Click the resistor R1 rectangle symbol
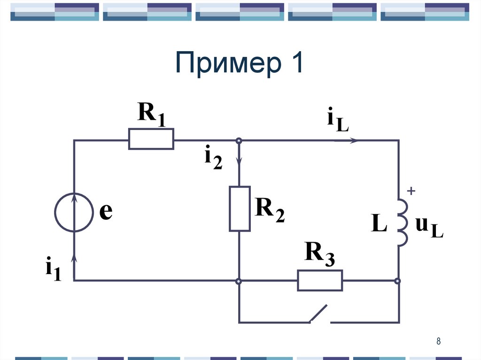click(151, 139)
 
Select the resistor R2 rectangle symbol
click(240, 208)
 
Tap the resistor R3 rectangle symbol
click(319, 281)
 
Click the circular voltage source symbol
click(74, 213)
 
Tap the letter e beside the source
click(106, 212)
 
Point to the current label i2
click(212, 158)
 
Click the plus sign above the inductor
click(411, 191)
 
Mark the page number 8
click(438, 341)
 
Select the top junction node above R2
click(239, 140)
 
